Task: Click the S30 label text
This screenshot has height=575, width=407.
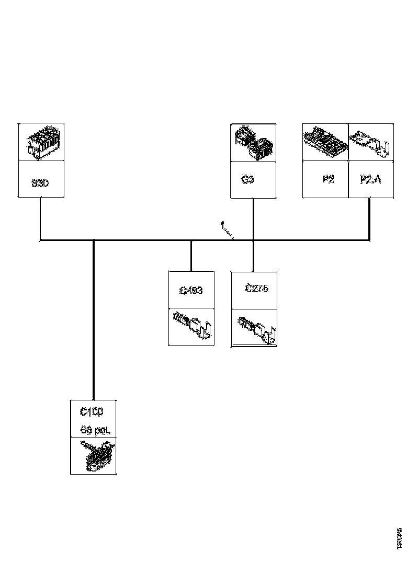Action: [x=40, y=184]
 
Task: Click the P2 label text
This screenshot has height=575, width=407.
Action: [x=328, y=180]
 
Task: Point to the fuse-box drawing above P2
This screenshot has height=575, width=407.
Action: [x=325, y=142]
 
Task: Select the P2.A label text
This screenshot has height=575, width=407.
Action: [x=371, y=180]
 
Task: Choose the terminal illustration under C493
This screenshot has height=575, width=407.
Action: [x=191, y=326]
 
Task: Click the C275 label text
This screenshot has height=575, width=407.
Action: [x=256, y=288]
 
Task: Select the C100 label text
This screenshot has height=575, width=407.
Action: [x=92, y=412]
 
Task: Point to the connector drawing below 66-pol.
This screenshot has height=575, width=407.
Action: [x=95, y=456]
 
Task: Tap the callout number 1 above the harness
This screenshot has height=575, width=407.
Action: [x=222, y=225]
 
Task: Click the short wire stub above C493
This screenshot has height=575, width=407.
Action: [x=191, y=256]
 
